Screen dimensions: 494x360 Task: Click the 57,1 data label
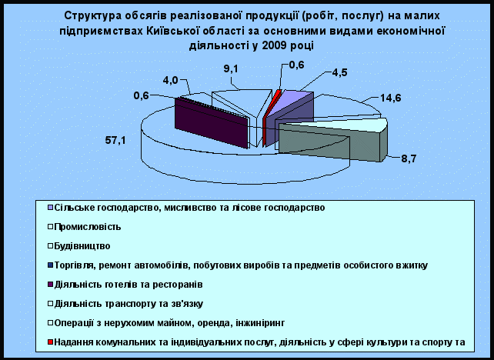(x=115, y=140)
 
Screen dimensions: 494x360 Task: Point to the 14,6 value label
(x=390, y=98)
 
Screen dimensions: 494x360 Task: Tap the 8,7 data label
(x=409, y=158)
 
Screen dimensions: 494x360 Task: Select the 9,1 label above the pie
(x=231, y=69)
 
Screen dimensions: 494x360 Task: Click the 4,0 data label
(x=170, y=81)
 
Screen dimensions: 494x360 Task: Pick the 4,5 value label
(x=339, y=72)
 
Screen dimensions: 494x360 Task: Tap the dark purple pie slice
(x=211, y=123)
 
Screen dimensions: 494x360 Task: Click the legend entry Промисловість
(x=87, y=227)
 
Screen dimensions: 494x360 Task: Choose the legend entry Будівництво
(x=82, y=246)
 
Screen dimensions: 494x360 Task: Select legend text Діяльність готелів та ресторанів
(x=129, y=285)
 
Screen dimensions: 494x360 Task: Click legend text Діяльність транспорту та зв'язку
(x=129, y=304)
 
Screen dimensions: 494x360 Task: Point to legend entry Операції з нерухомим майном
(x=169, y=323)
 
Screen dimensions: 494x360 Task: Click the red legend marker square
(x=50, y=342)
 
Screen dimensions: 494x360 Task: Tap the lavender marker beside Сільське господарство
(x=50, y=208)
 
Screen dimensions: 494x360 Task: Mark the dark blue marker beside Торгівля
(x=50, y=265)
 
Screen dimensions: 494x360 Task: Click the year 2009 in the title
(x=273, y=45)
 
